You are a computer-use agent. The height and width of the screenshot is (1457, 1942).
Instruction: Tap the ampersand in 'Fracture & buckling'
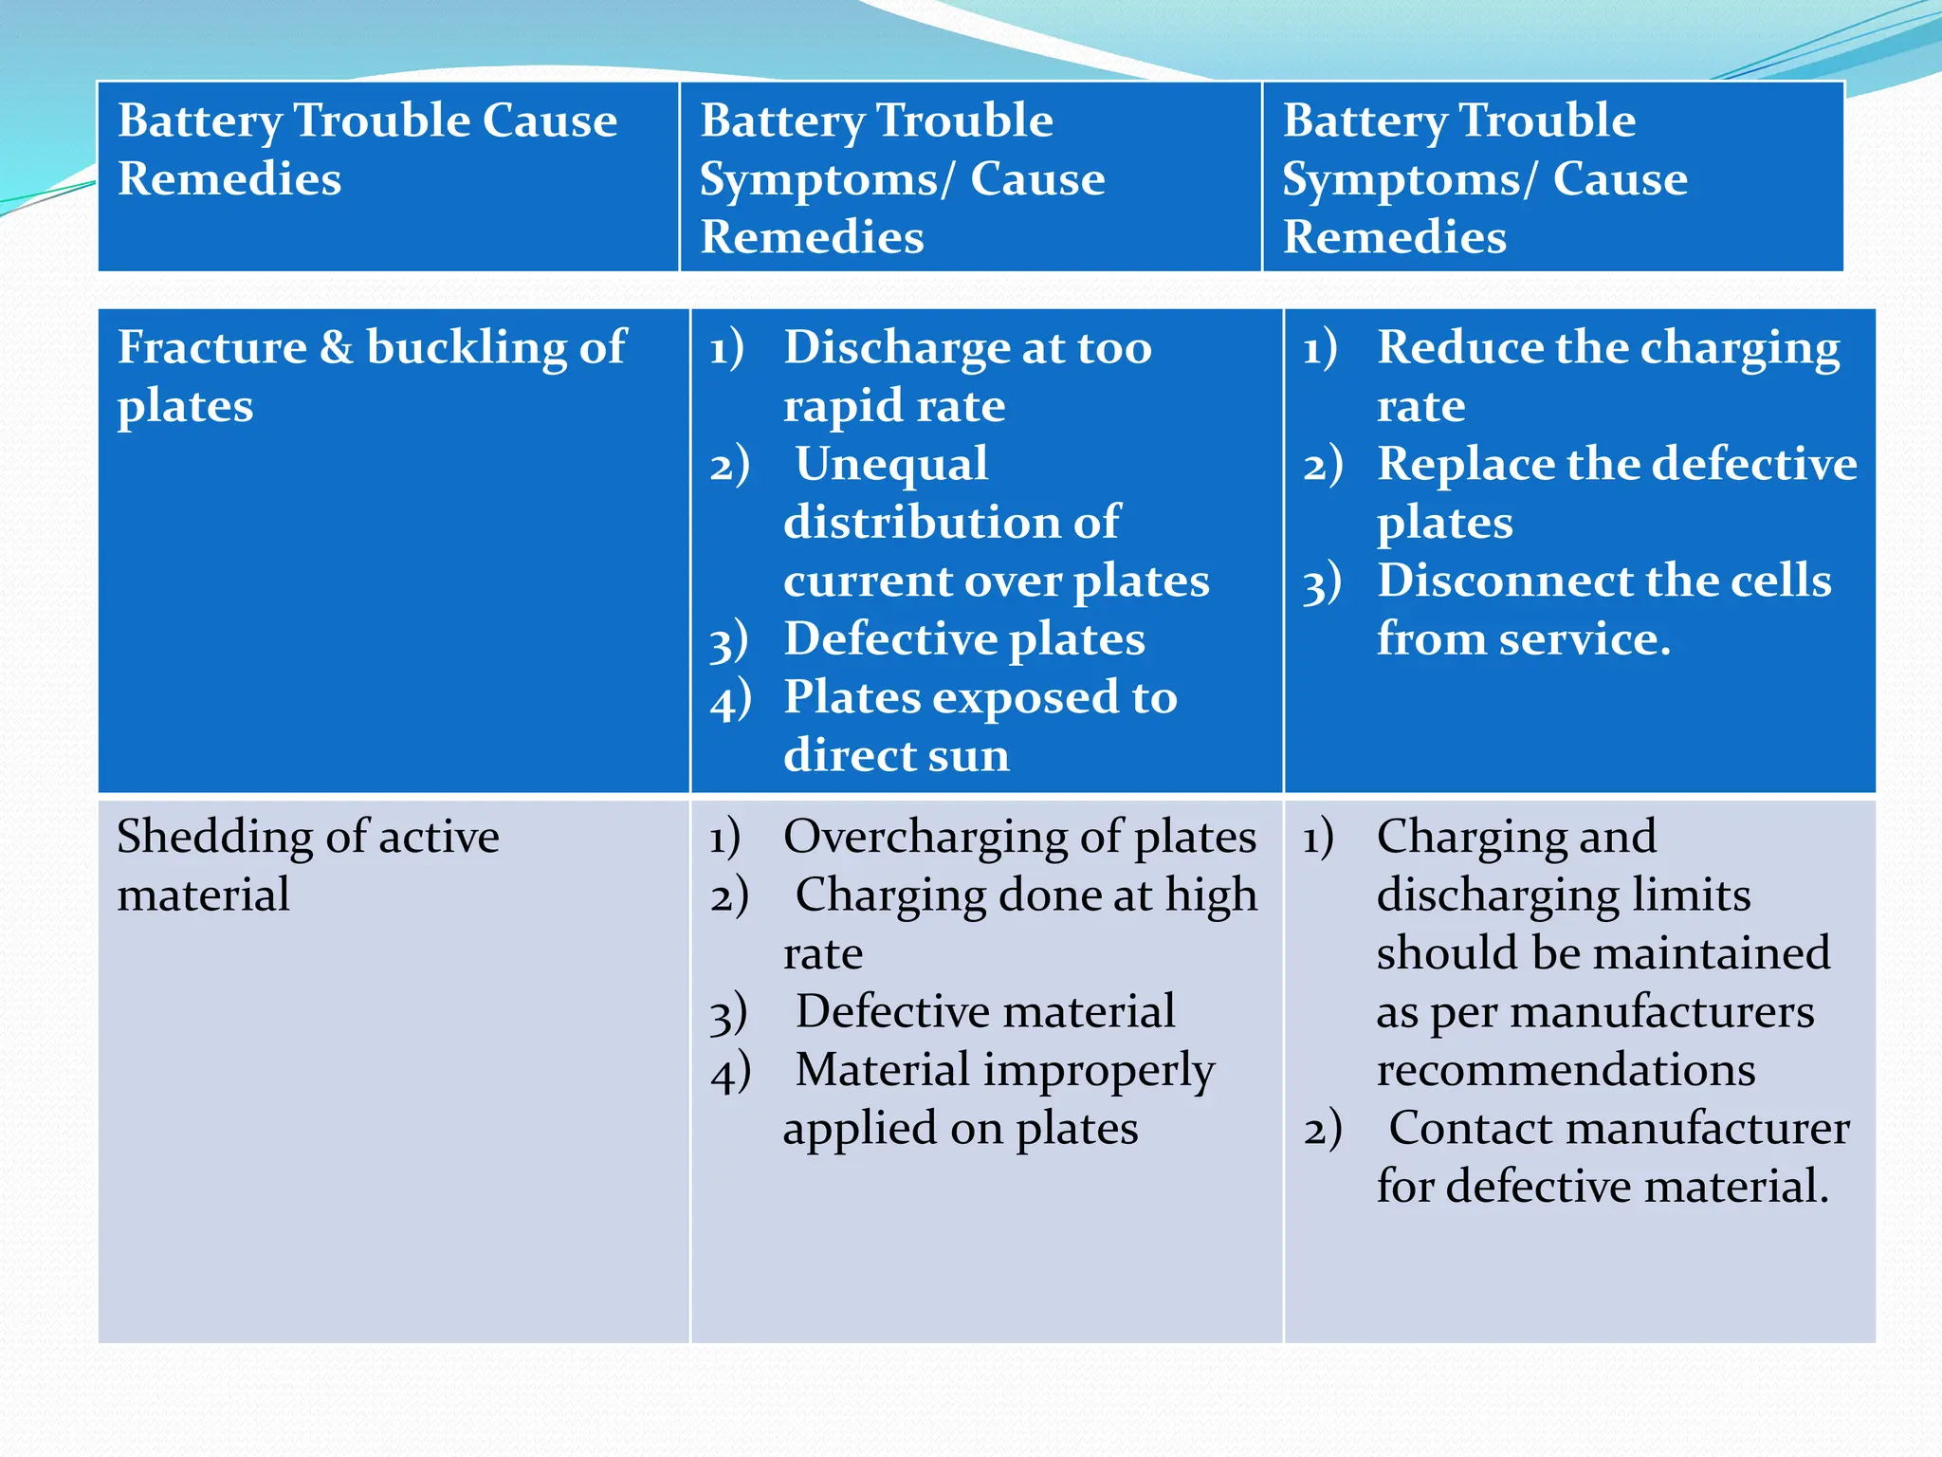point(337,347)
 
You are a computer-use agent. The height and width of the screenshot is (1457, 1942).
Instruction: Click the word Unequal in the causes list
point(891,465)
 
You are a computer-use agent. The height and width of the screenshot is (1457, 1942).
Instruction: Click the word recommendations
point(1566,1070)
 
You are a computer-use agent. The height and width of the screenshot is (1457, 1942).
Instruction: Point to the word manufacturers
point(1661,1012)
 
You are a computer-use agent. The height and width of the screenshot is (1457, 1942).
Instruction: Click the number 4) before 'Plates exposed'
point(730,700)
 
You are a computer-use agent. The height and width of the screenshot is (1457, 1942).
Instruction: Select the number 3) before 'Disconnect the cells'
point(1322,583)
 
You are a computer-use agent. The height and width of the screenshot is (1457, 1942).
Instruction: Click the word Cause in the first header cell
point(550,121)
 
